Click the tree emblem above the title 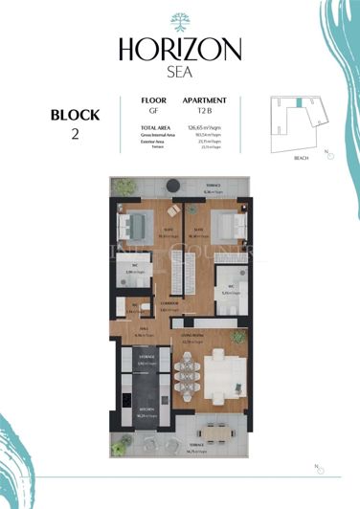(x=180, y=21)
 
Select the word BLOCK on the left (x=76, y=115)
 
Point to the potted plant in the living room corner (x=241, y=337)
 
